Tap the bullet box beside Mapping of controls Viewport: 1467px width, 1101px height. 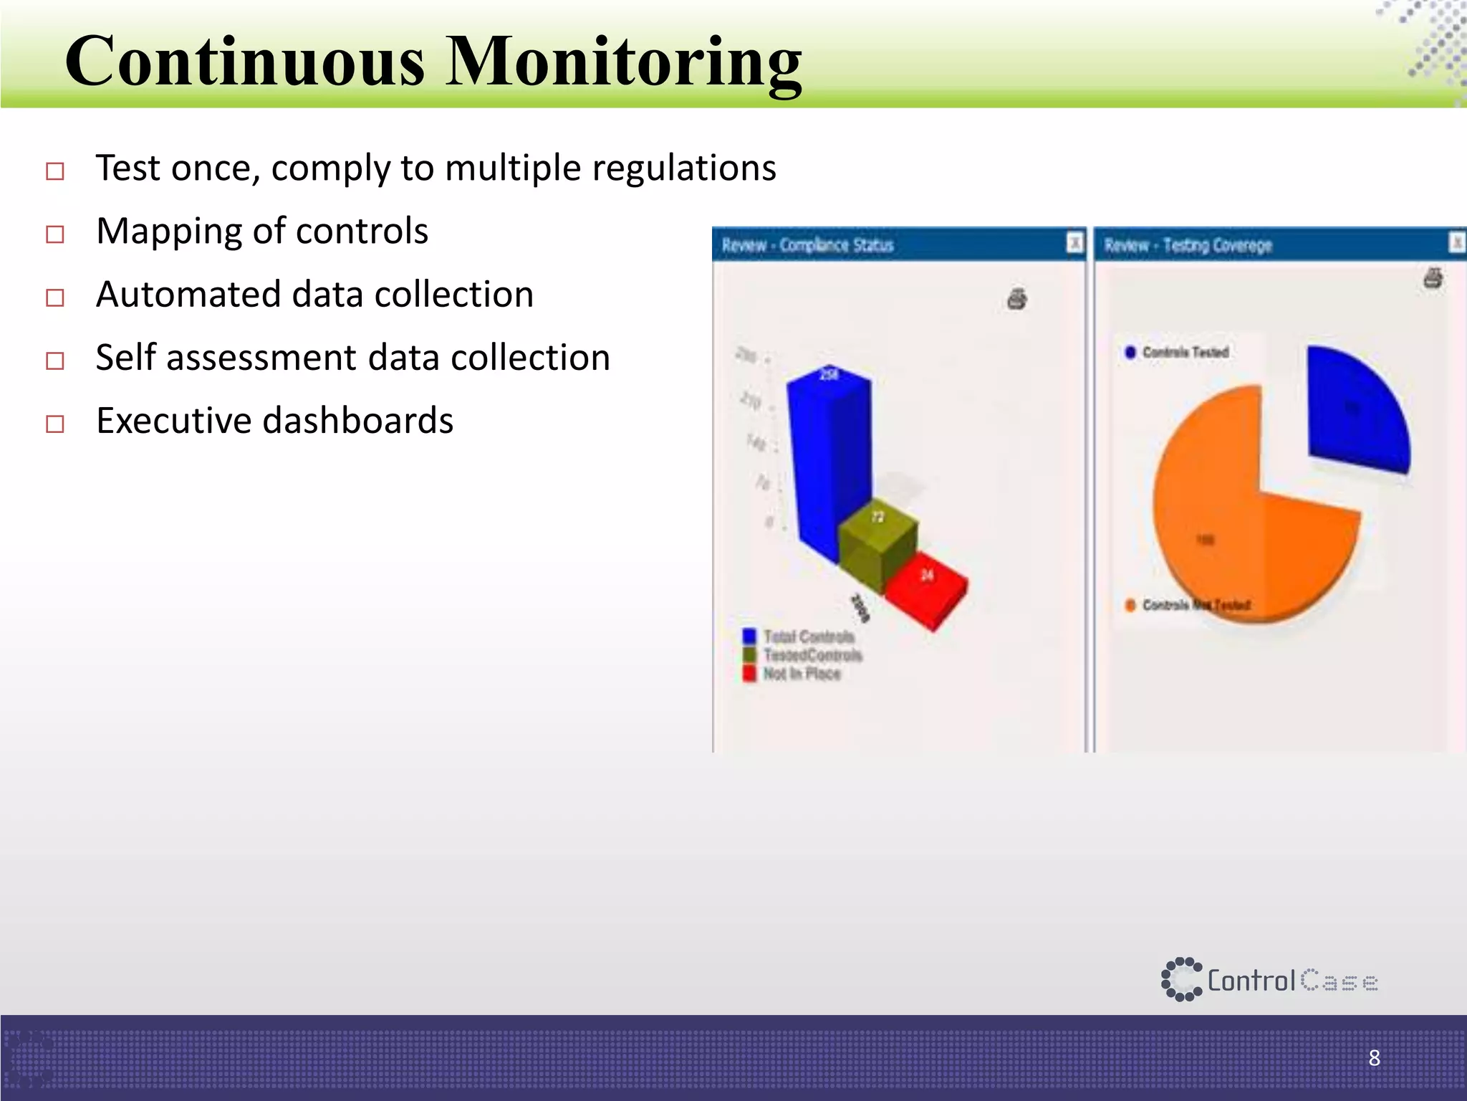click(55, 234)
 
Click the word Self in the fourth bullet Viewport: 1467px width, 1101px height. click(125, 357)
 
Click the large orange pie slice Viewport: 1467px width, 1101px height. click(1232, 530)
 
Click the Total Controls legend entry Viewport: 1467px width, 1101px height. click(799, 637)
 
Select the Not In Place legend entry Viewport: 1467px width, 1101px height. click(792, 674)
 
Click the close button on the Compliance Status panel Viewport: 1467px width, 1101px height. click(1074, 243)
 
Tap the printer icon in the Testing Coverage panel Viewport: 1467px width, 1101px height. click(1433, 277)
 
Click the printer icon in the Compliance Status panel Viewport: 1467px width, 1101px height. click(1017, 298)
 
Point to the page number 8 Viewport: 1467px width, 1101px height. click(1374, 1057)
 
